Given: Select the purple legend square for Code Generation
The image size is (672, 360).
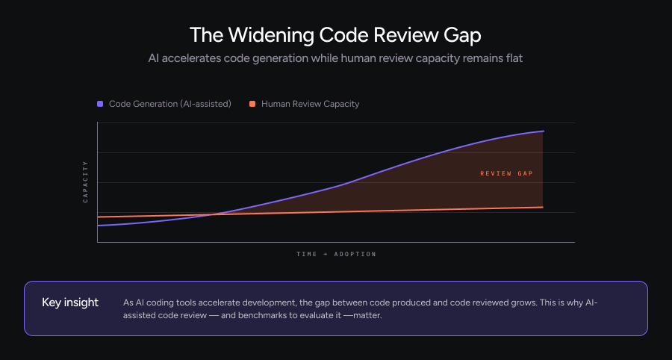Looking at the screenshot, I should (x=100, y=104).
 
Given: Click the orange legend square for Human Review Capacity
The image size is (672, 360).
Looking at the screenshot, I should (x=252, y=104).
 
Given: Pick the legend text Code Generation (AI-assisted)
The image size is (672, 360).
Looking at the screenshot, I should (x=169, y=104).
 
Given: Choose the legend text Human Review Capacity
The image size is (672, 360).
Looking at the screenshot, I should (x=310, y=104).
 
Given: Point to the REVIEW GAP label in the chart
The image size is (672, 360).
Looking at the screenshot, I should (x=506, y=173).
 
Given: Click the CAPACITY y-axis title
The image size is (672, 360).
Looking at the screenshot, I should (x=86, y=181).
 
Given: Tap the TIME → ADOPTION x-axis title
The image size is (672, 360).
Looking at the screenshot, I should (x=336, y=254).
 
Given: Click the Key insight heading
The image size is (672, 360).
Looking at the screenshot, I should (x=70, y=302).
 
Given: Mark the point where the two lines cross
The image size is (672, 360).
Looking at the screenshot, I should (x=215, y=214).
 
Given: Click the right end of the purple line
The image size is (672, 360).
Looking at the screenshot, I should (x=543, y=131).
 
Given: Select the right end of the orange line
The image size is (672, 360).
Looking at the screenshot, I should (x=543, y=207).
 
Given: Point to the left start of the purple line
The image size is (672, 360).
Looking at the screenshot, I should (x=98, y=225).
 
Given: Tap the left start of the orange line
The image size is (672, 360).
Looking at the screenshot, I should (x=98, y=217).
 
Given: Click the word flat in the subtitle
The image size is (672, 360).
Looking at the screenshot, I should (x=512, y=58).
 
